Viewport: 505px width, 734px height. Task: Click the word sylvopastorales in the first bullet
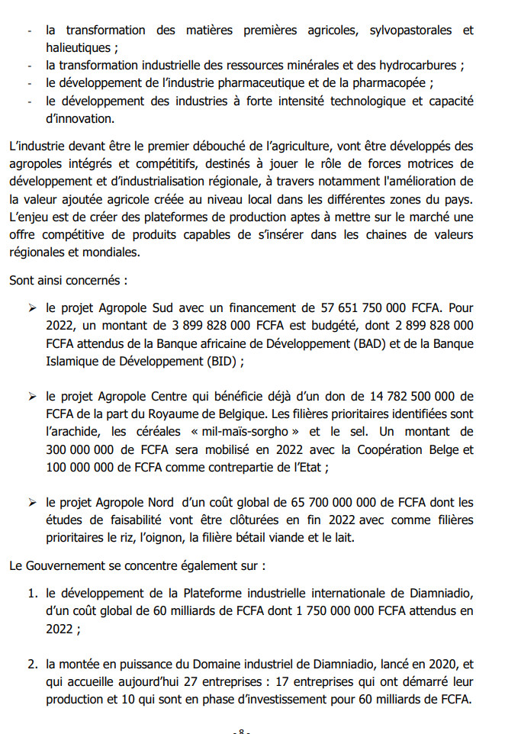coord(409,31)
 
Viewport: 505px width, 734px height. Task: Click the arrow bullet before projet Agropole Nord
coord(32,503)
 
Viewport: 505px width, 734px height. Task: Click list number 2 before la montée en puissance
coord(33,665)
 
